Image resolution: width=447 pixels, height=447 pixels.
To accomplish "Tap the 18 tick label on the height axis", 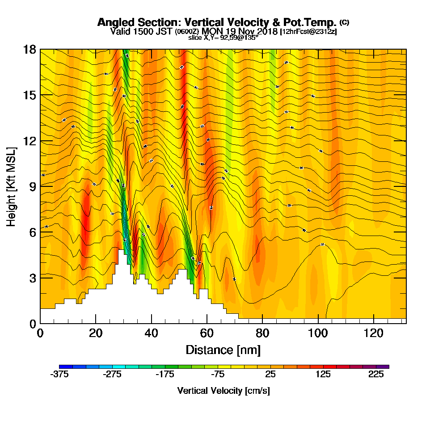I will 30,49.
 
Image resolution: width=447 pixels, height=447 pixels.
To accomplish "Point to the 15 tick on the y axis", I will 30,95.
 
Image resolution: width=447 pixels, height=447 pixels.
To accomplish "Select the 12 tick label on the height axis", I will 30,141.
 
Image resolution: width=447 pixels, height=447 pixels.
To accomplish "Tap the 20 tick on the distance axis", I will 96,333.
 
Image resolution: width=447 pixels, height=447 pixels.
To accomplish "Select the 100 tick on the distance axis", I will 318,333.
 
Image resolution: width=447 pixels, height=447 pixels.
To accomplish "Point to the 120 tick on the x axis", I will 374,333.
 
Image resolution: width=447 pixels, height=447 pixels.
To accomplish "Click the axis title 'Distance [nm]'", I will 223,349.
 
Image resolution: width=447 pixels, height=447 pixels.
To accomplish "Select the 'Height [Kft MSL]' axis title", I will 12,186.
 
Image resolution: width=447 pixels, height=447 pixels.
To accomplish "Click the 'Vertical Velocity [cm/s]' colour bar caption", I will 223,391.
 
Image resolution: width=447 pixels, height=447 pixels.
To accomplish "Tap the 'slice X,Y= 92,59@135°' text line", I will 223,38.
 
